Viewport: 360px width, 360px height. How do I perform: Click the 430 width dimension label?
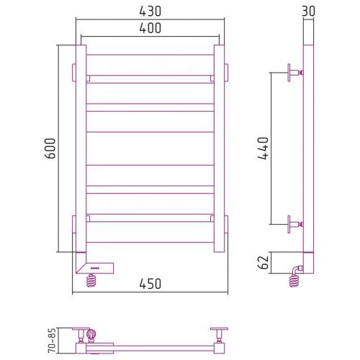click(x=150, y=12)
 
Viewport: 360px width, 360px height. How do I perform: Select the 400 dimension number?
click(x=150, y=28)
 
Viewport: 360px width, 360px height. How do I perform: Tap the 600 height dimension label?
click(x=50, y=148)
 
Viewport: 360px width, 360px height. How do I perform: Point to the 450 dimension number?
click(x=150, y=284)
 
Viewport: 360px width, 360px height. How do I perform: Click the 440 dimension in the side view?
click(x=263, y=148)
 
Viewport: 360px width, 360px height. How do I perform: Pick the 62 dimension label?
click(x=263, y=262)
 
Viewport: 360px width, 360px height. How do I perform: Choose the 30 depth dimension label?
click(x=308, y=12)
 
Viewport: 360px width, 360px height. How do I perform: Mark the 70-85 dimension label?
click(x=52, y=341)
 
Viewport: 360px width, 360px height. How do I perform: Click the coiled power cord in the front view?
click(x=91, y=280)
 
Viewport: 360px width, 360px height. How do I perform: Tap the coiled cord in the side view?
click(x=294, y=276)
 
